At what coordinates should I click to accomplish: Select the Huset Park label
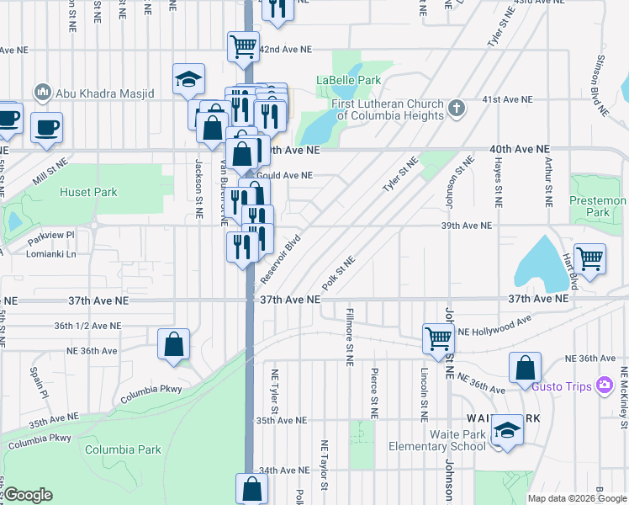88,192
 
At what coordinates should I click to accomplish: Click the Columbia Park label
122,449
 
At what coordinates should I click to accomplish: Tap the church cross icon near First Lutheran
457,108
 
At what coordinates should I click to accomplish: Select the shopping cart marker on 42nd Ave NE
243,45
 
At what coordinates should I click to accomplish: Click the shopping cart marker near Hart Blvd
589,258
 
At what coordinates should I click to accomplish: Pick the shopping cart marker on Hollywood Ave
438,338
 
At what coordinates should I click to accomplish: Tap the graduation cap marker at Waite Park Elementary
507,430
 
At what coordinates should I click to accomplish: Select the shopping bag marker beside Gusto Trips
525,367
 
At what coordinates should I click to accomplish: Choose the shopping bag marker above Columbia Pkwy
173,343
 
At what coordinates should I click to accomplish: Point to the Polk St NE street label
339,272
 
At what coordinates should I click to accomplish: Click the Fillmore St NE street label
349,337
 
